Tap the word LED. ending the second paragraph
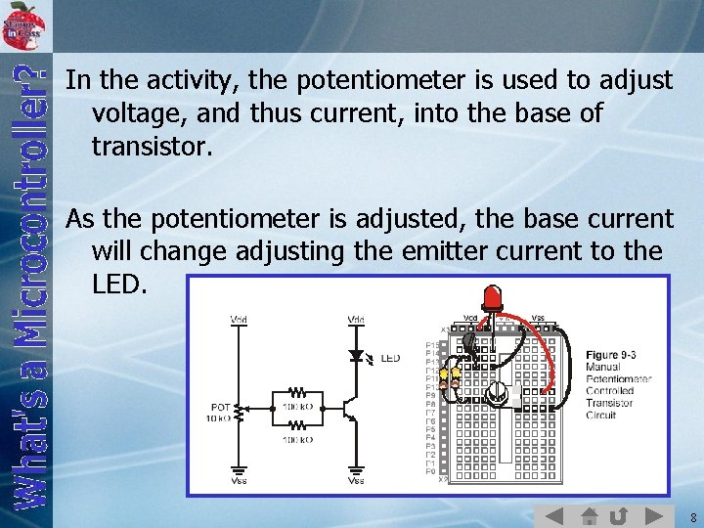119,285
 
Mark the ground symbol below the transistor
356,468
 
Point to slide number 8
691,516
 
